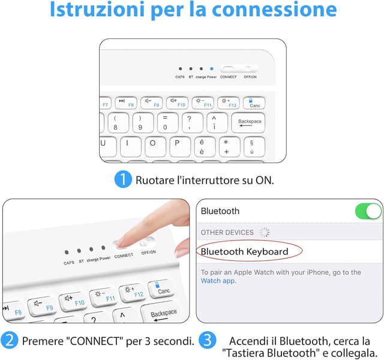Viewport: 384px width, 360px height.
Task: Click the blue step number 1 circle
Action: tap(122, 179)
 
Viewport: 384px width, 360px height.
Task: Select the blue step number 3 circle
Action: tap(207, 341)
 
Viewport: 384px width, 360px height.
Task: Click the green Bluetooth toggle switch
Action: tap(367, 211)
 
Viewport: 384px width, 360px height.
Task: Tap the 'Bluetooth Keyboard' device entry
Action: tap(244, 251)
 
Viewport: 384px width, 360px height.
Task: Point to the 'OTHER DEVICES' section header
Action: tap(227, 232)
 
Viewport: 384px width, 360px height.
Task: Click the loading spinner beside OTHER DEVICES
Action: tap(264, 232)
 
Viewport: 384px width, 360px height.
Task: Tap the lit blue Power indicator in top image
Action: tap(211, 69)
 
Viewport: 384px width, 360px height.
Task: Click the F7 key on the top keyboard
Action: tap(106, 103)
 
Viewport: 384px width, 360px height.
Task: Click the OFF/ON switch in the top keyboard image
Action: tap(250, 69)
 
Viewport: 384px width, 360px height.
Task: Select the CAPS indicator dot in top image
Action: tap(180, 69)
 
